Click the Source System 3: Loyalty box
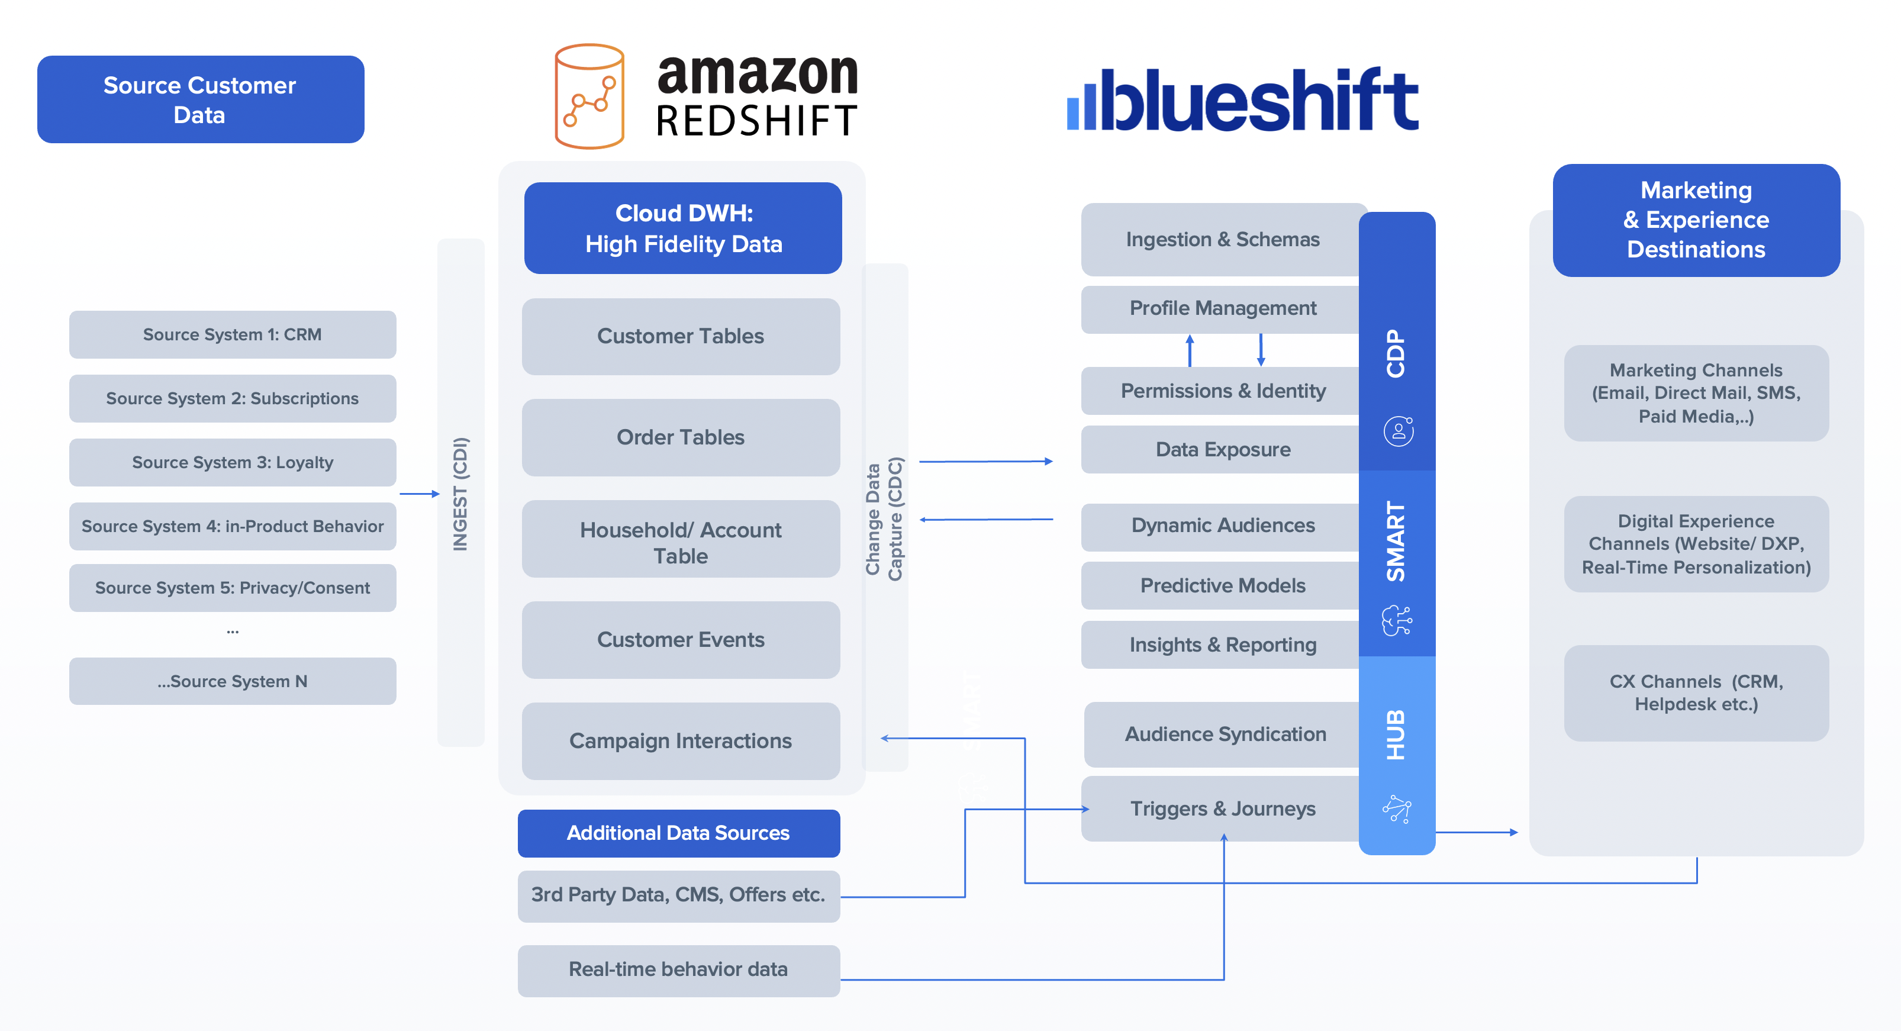(233, 462)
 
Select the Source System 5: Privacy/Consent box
(233, 588)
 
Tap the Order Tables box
(681, 437)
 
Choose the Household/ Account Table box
(681, 543)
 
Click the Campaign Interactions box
(681, 740)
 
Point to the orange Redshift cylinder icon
(589, 96)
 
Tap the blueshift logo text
(1255, 99)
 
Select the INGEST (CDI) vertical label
(460, 493)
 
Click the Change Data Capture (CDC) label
(884, 519)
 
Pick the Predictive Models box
(1222, 585)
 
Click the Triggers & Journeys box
(1222, 808)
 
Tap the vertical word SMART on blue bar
(1396, 541)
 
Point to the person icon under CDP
(1398, 431)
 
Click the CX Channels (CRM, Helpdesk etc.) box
(1696, 692)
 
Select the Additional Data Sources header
(678, 833)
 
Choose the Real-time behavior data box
(678, 969)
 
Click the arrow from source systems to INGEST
(419, 493)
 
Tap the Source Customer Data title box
(200, 99)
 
